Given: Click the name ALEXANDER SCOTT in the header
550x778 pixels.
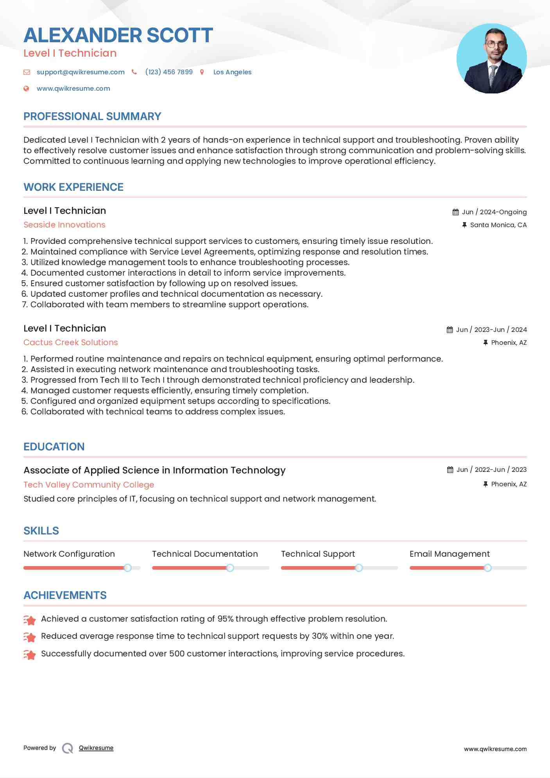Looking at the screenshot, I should (x=118, y=35).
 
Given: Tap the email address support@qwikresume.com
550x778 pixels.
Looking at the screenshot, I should (x=81, y=72).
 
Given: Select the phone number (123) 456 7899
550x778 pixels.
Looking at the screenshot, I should (x=169, y=72).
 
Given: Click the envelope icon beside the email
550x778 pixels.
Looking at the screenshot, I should (x=27, y=72).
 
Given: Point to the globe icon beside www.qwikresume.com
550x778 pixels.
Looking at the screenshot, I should (x=26, y=88).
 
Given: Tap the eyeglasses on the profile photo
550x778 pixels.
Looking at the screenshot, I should (x=495, y=44).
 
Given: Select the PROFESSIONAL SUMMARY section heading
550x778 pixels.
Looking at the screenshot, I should (x=92, y=117).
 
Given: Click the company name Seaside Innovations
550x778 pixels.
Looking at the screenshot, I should (x=64, y=225).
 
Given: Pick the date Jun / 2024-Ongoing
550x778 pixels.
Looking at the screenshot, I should (x=494, y=212).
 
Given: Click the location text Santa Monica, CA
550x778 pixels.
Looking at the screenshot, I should (x=498, y=225).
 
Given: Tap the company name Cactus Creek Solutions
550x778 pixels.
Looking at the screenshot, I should (x=71, y=342).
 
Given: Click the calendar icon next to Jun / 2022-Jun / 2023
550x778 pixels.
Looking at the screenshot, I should (x=450, y=470).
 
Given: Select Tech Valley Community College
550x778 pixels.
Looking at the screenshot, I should (x=89, y=485).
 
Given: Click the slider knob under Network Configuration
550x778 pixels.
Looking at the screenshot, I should (x=127, y=568).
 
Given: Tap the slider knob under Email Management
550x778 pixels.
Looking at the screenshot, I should (x=487, y=568).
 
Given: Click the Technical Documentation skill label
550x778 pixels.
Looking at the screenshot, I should (x=205, y=554).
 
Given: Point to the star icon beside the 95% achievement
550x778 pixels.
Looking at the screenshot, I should (x=30, y=620).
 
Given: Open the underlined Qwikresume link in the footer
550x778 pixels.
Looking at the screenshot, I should (x=96, y=748).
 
